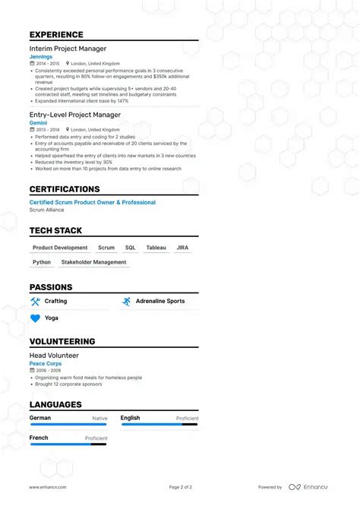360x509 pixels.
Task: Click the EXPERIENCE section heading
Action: tap(56, 35)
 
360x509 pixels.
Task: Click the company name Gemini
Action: tap(38, 122)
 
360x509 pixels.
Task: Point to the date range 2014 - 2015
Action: tap(47, 65)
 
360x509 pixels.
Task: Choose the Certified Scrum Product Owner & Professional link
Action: tap(92, 202)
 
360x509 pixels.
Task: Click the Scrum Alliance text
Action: tap(46, 210)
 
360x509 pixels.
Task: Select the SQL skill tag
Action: tap(130, 248)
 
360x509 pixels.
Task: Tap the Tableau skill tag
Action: tap(156, 248)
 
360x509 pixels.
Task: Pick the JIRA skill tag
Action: tap(182, 248)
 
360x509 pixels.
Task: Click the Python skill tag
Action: tap(42, 262)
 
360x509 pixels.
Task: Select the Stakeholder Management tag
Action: tap(93, 262)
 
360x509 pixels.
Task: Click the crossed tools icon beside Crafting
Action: tap(35, 302)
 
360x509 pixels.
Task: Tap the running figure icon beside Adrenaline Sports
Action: tap(126, 302)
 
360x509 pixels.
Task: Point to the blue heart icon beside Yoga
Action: tap(35, 318)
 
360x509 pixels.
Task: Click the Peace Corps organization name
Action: tap(46, 363)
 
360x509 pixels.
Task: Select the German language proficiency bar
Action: tap(68, 425)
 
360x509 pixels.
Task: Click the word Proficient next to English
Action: tap(187, 419)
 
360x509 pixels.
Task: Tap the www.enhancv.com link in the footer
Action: tap(48, 487)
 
